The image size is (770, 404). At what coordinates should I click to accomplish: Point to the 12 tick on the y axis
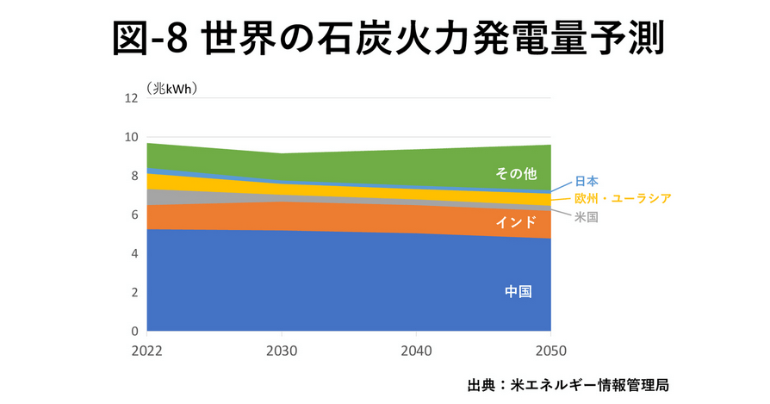pos(132,98)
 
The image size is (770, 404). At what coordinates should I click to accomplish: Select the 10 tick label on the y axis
pos(132,137)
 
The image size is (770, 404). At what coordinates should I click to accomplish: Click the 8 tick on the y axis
pos(134,176)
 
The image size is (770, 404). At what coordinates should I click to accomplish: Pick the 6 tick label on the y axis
pos(134,214)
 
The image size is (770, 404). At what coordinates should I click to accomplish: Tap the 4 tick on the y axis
pos(134,254)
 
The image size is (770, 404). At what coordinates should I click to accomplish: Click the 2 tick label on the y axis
pos(134,293)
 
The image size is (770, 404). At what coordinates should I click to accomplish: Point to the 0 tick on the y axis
pos(134,332)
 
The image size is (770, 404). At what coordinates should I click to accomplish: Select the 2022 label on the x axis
pos(147,351)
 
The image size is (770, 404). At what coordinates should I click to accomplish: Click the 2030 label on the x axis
pos(283,351)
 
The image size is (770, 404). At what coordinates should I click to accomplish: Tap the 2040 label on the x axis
pos(417,351)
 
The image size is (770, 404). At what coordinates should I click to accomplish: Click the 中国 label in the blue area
pos(518,291)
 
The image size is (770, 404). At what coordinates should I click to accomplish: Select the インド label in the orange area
pos(516,222)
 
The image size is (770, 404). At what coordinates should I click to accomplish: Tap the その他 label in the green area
pos(516,174)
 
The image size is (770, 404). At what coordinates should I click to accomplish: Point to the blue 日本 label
pos(587,181)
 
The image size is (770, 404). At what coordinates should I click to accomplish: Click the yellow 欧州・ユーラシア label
pos(623,199)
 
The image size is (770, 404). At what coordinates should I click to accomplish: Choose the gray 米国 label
pos(587,217)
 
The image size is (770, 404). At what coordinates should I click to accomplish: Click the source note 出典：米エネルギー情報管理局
pos(568,384)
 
